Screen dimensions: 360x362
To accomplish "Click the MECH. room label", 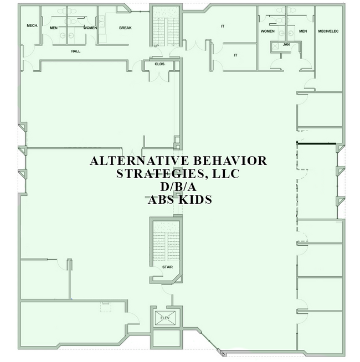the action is click(32, 25).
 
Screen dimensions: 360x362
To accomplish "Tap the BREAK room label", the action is click(126, 28).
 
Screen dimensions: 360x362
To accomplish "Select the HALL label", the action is click(76, 51).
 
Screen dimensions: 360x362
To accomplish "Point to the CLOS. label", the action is click(160, 64).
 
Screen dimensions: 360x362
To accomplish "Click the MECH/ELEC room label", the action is click(328, 31).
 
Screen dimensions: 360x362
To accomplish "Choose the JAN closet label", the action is click(286, 44).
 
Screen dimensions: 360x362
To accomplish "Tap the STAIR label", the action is click(167, 267).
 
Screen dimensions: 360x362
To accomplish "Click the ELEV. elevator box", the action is click(165, 318).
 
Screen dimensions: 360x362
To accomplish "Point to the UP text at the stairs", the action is click(156, 46).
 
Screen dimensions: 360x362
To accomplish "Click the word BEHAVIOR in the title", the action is click(230, 161).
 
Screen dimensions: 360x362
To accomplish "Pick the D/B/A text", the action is click(178, 187).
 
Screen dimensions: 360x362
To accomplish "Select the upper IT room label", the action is click(223, 27).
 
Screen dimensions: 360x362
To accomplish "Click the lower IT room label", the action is click(236, 55).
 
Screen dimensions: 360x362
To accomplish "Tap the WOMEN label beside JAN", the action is click(268, 31).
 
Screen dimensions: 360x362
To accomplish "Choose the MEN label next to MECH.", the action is click(54, 28).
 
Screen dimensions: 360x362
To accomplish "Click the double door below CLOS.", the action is click(160, 76).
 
